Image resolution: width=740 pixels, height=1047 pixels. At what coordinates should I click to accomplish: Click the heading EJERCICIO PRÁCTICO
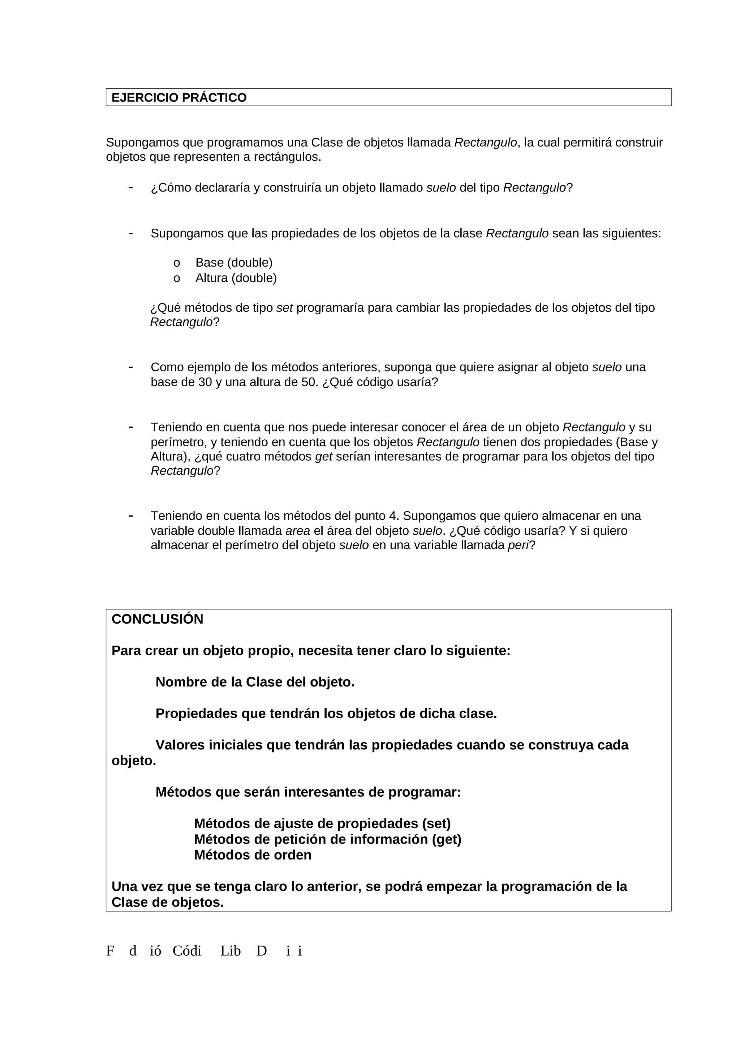179,98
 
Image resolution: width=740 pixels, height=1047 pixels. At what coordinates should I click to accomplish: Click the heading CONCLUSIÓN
157,619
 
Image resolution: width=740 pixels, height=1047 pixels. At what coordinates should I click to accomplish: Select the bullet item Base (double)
234,263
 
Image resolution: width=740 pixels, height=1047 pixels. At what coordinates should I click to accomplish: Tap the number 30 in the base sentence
205,382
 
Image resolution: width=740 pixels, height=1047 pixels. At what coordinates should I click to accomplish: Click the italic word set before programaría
284,308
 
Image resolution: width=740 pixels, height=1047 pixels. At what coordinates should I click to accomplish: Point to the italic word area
298,531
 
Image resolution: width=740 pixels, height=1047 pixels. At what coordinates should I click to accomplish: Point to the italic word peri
518,546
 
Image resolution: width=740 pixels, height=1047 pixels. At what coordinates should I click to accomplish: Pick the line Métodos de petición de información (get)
327,839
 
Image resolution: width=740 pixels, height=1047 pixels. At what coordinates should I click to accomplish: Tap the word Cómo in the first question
173,188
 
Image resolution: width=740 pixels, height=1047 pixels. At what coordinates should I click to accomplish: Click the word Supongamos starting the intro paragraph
142,143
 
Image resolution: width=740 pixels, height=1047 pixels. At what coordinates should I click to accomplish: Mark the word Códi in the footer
187,951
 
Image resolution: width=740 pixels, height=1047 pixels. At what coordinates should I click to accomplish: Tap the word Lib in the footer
230,951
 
